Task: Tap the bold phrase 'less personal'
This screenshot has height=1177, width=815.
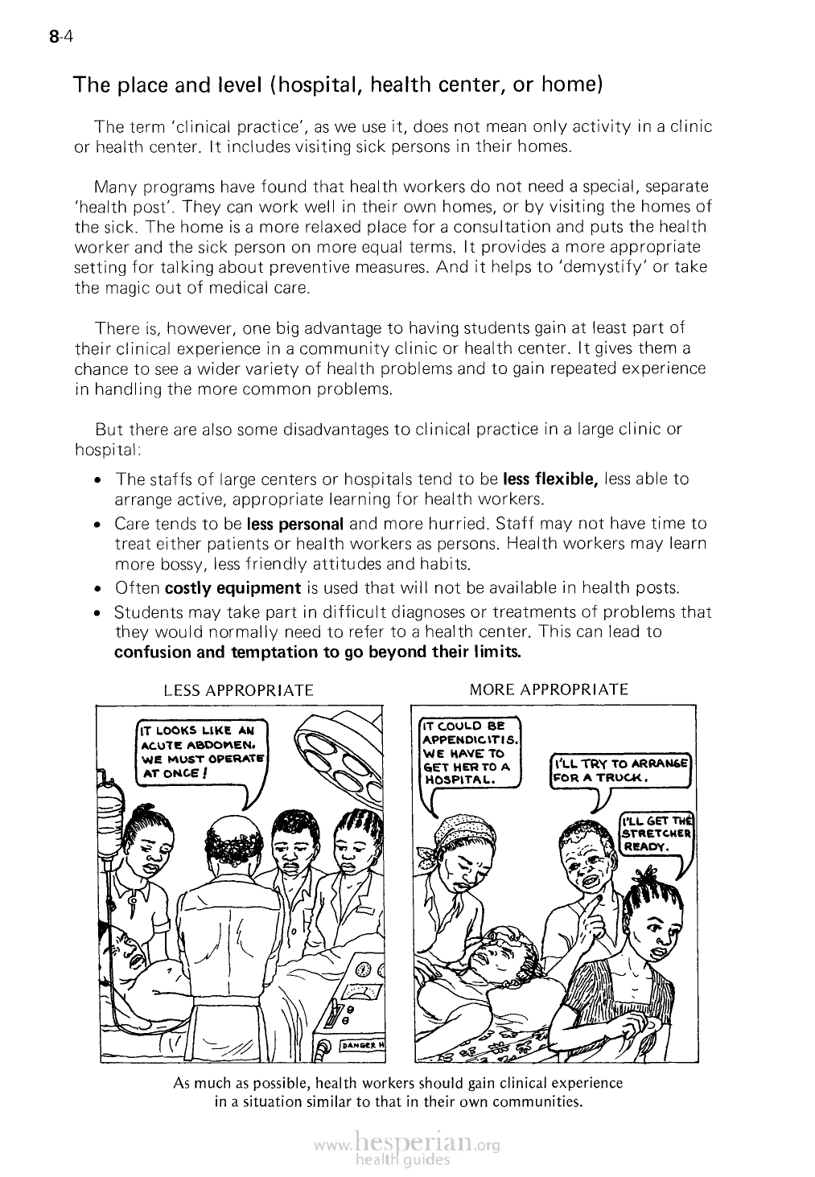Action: point(295,524)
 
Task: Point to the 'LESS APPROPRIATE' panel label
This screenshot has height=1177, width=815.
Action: point(238,690)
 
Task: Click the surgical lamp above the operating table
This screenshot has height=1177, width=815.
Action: point(335,753)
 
